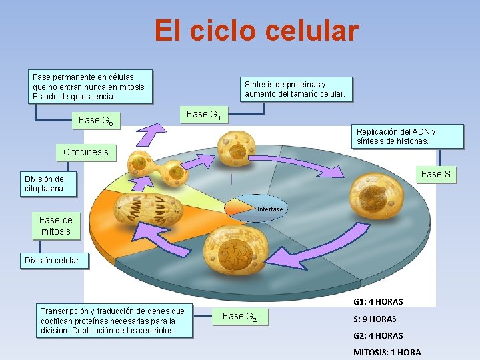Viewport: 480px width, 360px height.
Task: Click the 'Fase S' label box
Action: tap(435, 174)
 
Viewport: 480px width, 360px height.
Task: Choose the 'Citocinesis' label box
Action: tap(85, 152)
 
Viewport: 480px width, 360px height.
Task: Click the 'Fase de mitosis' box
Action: tap(55, 226)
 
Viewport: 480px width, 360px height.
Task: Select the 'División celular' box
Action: tap(51, 261)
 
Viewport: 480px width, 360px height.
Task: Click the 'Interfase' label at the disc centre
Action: tap(270, 209)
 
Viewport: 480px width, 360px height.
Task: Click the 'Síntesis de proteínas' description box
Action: tap(295, 89)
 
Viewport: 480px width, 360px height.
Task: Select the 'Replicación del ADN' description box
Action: tap(408, 136)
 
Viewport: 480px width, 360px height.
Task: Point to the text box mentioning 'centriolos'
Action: tap(113, 321)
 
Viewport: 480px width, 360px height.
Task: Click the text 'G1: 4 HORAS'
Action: tap(378, 302)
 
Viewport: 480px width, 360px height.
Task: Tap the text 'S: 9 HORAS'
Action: tap(375, 319)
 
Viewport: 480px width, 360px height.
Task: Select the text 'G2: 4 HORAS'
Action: tap(378, 336)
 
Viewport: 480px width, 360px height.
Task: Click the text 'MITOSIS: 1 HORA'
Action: tap(387, 352)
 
